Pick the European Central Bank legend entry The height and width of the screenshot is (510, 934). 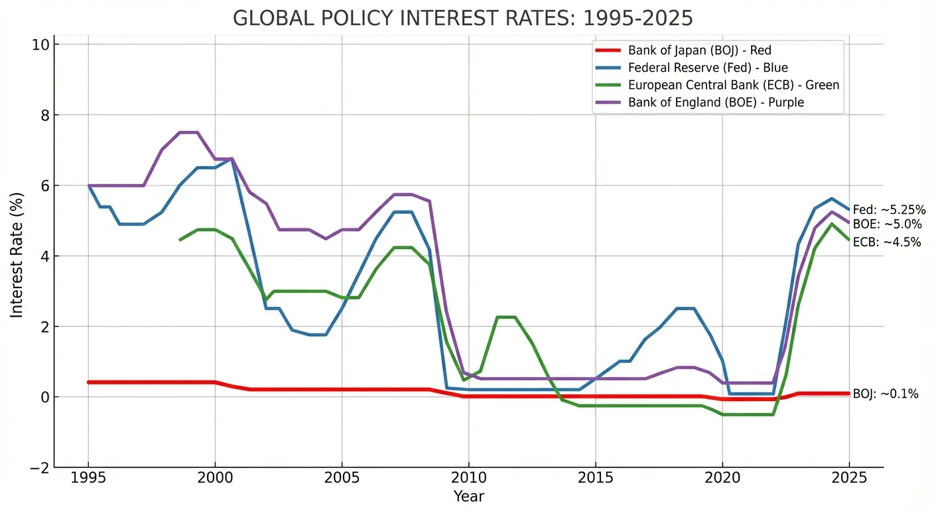733,85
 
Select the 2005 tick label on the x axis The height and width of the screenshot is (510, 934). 342,479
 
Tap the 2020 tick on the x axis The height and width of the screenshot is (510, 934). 722,479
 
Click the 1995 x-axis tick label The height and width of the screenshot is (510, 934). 88,479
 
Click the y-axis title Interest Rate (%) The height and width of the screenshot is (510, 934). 16,256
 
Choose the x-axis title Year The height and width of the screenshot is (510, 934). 469,496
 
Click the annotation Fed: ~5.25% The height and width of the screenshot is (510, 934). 889,210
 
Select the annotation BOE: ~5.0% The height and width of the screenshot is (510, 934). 887,224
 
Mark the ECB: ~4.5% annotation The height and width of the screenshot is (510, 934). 887,242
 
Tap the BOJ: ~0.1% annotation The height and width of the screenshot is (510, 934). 886,394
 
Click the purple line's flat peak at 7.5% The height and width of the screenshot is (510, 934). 188,132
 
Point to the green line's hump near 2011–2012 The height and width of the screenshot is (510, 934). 506,317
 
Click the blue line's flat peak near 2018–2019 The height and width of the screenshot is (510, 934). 685,308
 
